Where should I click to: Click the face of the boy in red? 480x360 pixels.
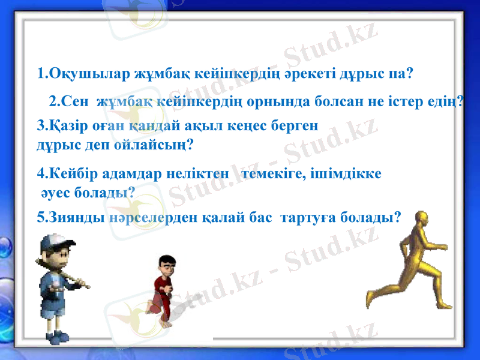point(166,265)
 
